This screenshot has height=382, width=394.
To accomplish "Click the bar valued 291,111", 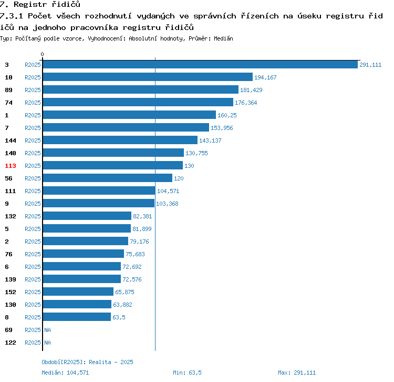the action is point(200,64).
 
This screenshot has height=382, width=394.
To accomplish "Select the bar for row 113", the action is point(113,165).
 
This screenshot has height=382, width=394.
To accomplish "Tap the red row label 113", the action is point(11,166).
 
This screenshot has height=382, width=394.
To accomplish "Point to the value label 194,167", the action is point(265,77).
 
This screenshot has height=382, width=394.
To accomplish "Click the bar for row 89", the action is point(141,89).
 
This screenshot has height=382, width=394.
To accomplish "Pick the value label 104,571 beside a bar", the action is point(168,191).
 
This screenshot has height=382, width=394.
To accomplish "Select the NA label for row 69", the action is point(47,330).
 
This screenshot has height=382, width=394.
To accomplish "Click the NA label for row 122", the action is point(47,343).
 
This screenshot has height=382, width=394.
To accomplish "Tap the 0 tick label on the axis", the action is point(42,54).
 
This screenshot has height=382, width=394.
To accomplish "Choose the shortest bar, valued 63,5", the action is point(77,317).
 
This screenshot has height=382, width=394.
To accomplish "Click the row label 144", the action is point(11,140).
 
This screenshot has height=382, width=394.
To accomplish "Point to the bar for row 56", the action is point(108,178).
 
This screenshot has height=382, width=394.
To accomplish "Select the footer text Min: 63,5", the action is point(187,373).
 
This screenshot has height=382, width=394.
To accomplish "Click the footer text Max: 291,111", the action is point(297,373).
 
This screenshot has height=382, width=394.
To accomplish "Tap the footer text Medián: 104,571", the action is point(65,373).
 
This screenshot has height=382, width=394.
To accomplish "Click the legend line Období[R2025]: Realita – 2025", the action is point(87,362).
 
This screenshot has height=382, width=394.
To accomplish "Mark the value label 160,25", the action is point(227,115).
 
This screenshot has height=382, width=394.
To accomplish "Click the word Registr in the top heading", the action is point(30,4).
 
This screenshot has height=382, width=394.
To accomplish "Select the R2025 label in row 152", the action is point(33,292).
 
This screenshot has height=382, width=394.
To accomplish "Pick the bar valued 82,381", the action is point(87,216).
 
